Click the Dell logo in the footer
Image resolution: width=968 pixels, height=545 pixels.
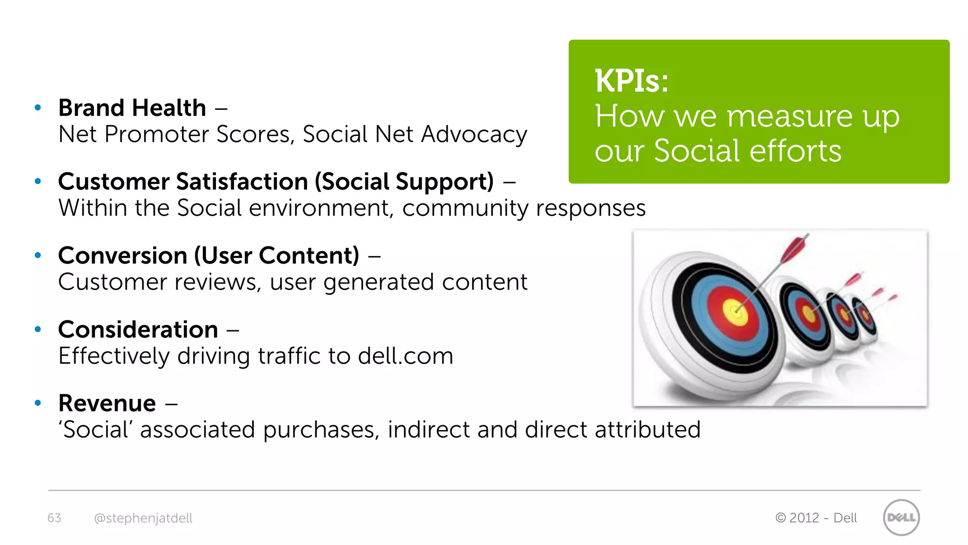click(x=901, y=518)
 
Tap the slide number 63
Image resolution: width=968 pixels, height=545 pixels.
click(x=54, y=518)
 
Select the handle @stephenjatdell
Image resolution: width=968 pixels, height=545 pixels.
click(x=143, y=518)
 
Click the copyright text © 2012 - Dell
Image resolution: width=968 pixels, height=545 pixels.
click(x=816, y=518)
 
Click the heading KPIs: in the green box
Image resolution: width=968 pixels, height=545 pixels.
click(x=631, y=81)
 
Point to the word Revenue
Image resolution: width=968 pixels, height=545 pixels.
click(x=107, y=403)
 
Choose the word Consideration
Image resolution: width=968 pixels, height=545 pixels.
click(x=138, y=329)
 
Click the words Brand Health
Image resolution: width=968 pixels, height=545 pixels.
click(x=132, y=108)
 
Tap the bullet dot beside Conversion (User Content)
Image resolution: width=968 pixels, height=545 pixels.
click(x=38, y=255)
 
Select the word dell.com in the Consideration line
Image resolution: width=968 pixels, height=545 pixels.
click(x=406, y=356)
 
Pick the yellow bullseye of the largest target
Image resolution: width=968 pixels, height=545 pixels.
click(x=735, y=311)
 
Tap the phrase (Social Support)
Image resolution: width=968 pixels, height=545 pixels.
click(x=404, y=182)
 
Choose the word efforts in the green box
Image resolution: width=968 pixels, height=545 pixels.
click(x=795, y=151)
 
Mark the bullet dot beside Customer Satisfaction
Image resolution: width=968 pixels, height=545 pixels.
click(x=38, y=182)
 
